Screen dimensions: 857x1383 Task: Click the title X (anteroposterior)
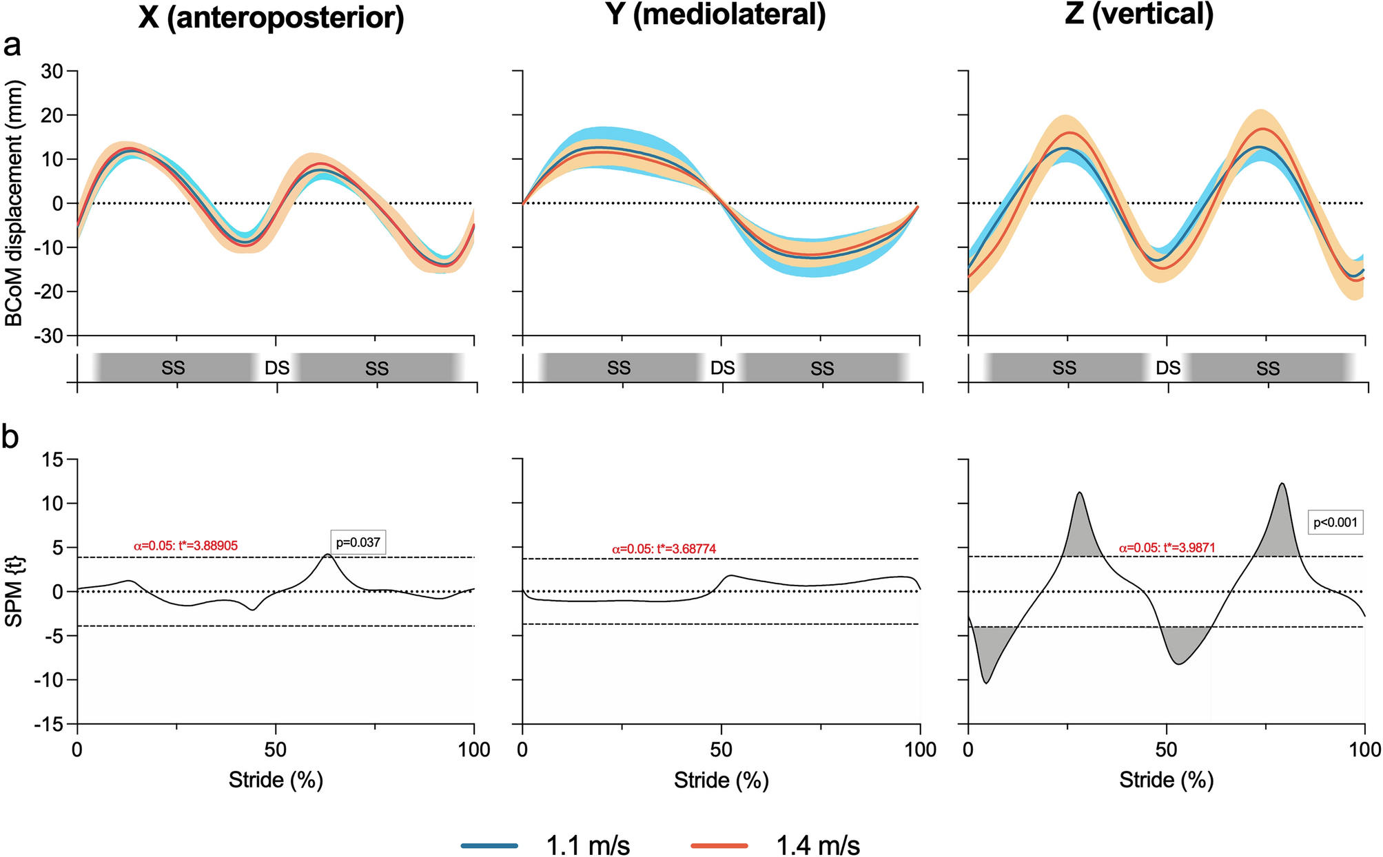271,17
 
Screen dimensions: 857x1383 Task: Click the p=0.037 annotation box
358,543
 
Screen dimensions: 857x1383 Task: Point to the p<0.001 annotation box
1335,522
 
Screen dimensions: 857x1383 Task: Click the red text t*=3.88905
185,546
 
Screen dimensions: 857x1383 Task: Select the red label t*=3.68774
664,549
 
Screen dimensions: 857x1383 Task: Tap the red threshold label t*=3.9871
1167,548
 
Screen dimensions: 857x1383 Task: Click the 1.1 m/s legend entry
544,845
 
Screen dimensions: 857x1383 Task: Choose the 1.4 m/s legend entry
775,845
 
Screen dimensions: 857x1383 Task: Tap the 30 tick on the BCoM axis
51,71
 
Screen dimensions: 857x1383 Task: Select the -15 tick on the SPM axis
48,725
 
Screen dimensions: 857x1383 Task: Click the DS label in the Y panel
722,369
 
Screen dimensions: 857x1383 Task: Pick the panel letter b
11,437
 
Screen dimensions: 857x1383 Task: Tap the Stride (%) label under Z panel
1166,780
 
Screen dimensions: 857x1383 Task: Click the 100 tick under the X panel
473,750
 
